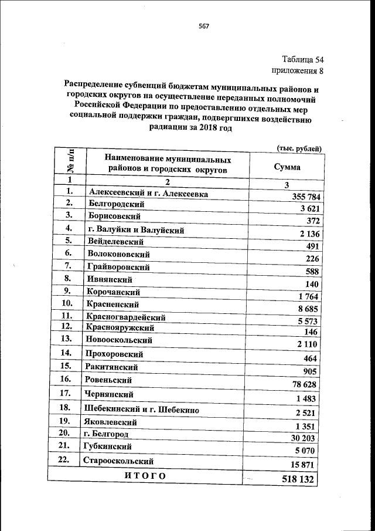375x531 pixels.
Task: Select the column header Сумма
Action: coord(288,167)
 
